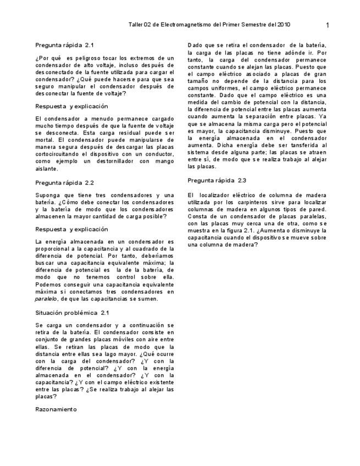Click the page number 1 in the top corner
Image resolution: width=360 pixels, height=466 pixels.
click(328, 25)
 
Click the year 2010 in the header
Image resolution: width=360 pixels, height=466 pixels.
click(284, 25)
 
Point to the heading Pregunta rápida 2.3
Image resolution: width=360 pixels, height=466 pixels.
click(217, 180)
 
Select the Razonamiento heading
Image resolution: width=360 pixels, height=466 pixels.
click(56, 409)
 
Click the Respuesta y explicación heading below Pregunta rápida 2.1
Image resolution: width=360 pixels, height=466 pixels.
click(71, 106)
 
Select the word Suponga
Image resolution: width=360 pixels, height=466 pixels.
click(48, 195)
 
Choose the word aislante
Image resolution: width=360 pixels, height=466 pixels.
click(46, 169)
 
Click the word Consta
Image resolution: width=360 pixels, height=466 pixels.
click(198, 217)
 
